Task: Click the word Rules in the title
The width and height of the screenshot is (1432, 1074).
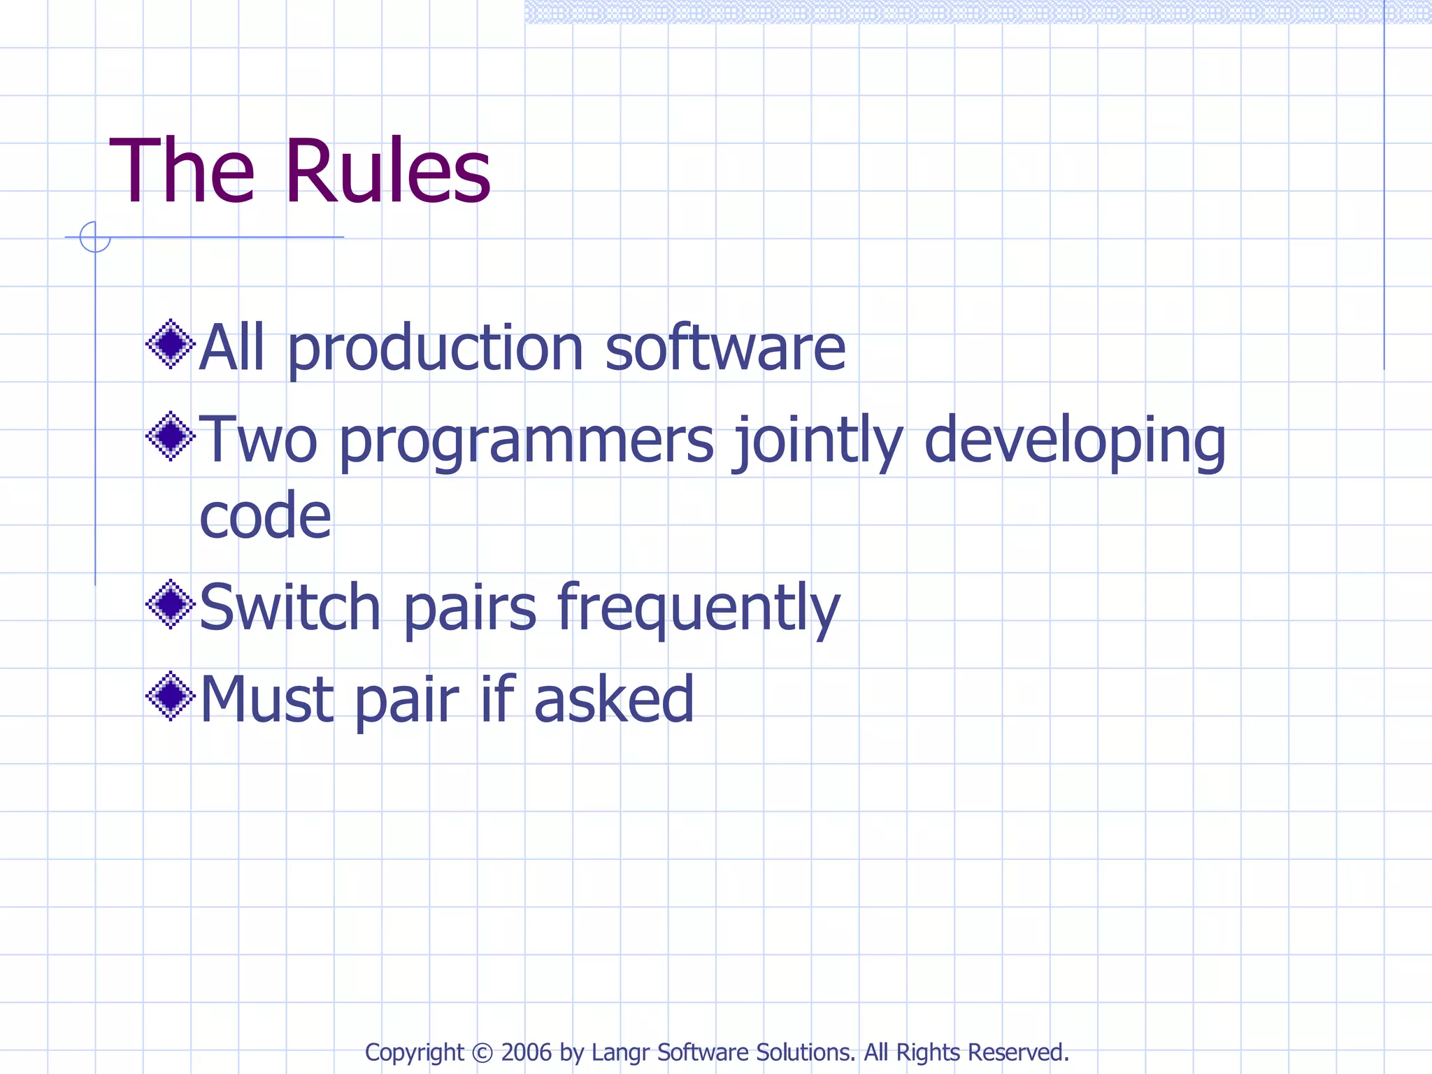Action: [x=388, y=171]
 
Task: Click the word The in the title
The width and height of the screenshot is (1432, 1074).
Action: [x=182, y=171]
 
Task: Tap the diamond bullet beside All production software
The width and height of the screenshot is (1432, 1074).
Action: [x=171, y=344]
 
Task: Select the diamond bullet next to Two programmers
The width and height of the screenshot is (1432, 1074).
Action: [x=171, y=436]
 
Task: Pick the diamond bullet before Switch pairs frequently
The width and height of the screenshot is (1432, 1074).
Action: [x=171, y=603]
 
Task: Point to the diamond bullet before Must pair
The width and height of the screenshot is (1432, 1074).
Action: [x=171, y=696]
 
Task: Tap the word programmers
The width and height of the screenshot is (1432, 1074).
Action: [x=527, y=442]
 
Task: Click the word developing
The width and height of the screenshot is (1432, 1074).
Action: [x=1075, y=442]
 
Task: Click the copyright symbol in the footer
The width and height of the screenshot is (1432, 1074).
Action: [x=482, y=1052]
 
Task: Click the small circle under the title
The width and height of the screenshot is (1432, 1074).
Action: [x=95, y=236]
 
